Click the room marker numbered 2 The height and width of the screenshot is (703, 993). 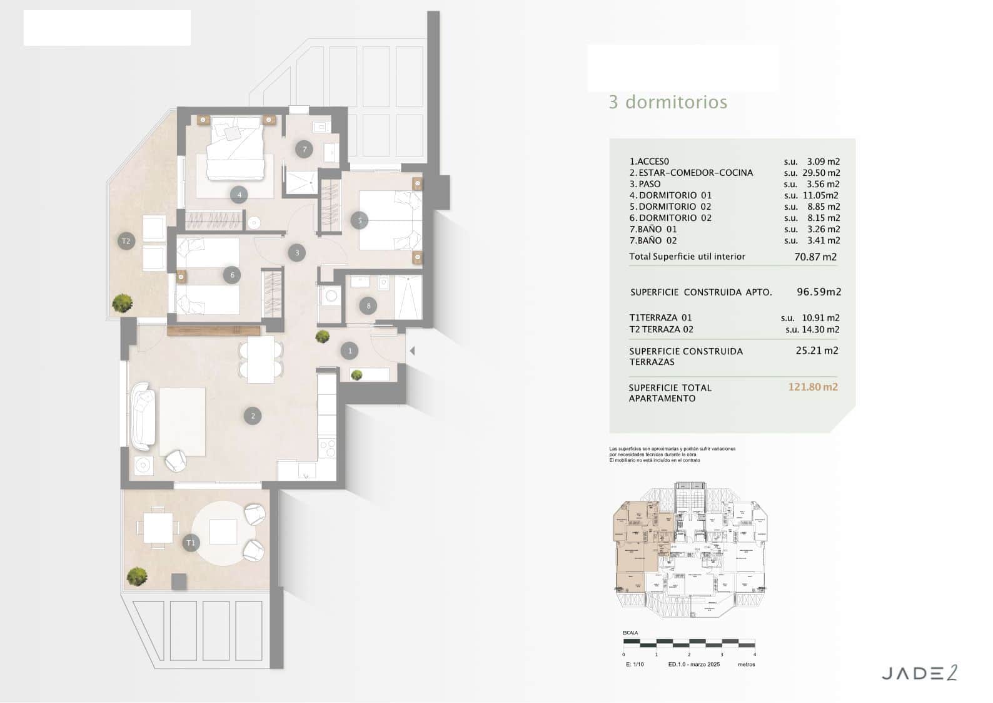click(253, 416)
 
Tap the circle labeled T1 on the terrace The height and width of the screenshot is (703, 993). click(191, 543)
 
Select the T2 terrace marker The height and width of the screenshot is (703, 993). click(126, 241)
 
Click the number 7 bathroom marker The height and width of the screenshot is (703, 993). click(305, 149)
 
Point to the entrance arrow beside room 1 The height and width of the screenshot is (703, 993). click(411, 351)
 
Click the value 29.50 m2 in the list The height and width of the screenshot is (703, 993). click(820, 173)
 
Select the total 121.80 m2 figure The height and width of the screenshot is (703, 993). click(812, 387)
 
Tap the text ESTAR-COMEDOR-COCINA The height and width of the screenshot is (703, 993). click(695, 173)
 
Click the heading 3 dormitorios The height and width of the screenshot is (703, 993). click(668, 102)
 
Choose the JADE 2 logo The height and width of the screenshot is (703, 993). click(919, 674)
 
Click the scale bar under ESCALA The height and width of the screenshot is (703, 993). click(688, 644)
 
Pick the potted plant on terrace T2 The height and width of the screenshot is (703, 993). click(122, 304)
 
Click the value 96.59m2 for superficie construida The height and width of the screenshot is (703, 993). click(819, 292)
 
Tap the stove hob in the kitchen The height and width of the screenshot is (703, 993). click(327, 448)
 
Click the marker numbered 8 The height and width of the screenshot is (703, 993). click(368, 305)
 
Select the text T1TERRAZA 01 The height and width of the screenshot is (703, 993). click(660, 318)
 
